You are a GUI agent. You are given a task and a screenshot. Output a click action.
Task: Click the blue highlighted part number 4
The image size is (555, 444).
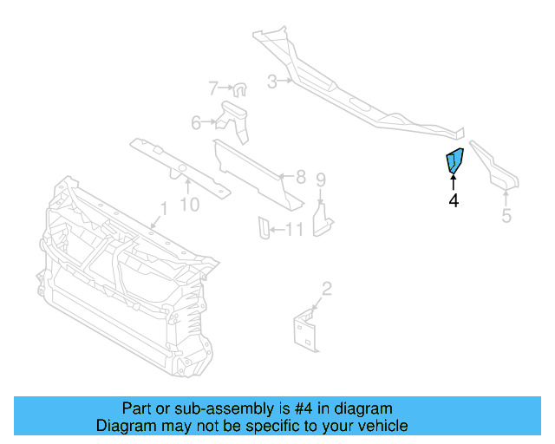(454, 161)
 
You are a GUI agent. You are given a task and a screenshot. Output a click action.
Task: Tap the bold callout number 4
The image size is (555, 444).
(454, 201)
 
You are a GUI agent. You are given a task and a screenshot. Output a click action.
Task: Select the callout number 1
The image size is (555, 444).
(161, 209)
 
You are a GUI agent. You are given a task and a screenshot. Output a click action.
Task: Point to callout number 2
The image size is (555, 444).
(327, 289)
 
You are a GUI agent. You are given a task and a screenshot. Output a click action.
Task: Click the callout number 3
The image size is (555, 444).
(271, 82)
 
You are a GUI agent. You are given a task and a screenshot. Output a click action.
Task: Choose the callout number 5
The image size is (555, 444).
(507, 215)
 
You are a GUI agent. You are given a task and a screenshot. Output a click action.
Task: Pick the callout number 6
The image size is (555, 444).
(196, 123)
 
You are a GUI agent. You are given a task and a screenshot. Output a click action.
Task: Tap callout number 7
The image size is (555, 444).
(212, 88)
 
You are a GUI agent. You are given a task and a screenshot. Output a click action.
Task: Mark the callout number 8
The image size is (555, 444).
(301, 177)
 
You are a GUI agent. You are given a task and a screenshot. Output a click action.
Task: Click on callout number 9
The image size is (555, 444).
(320, 180)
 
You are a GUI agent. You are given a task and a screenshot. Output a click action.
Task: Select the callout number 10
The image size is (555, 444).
(189, 204)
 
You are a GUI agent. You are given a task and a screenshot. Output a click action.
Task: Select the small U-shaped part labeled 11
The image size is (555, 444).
(261, 227)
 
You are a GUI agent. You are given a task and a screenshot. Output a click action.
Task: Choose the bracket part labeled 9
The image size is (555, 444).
(322, 218)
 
